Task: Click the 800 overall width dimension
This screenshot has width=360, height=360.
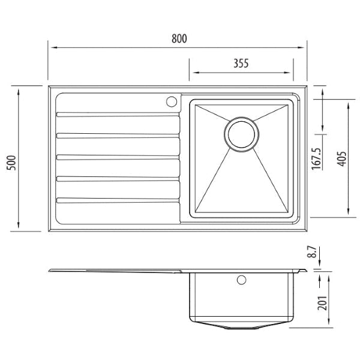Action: coord(179,39)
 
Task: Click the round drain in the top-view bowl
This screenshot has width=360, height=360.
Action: coord(242,133)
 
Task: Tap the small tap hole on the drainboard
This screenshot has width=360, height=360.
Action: coord(170,101)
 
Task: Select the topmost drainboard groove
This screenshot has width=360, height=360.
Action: coord(118,114)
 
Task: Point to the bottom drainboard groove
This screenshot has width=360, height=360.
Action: coord(118,200)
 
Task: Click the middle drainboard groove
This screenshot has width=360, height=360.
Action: coord(118,157)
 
